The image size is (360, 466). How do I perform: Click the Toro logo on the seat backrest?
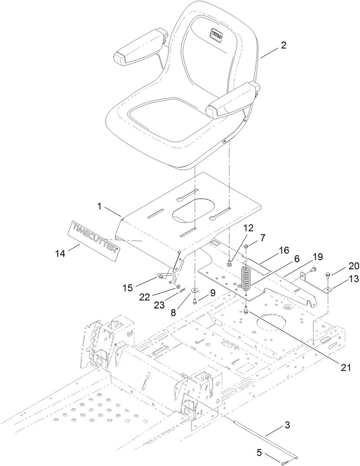[x=217, y=33]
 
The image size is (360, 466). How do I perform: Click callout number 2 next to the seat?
[x=283, y=45]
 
